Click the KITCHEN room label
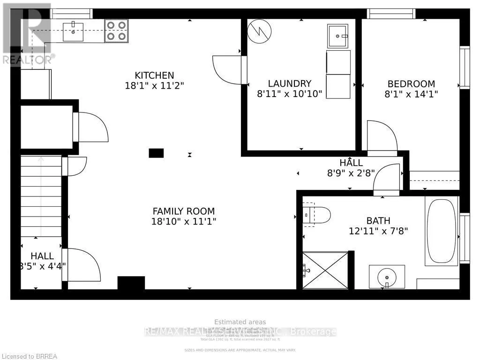tap(154, 75)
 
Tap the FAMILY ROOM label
tap(183, 211)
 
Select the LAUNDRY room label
tap(290, 83)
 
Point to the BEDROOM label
tap(411, 83)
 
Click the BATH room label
tap(378, 220)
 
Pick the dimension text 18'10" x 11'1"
tap(183, 222)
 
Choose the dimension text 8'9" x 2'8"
tap(351, 172)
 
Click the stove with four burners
tap(116, 30)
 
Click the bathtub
tap(441, 231)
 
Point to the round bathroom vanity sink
tap(386, 277)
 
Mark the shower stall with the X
tap(325, 270)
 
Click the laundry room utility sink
tap(337, 36)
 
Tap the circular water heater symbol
tap(260, 30)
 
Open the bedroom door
tap(382, 137)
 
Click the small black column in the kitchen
tap(156, 153)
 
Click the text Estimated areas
tap(240, 322)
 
